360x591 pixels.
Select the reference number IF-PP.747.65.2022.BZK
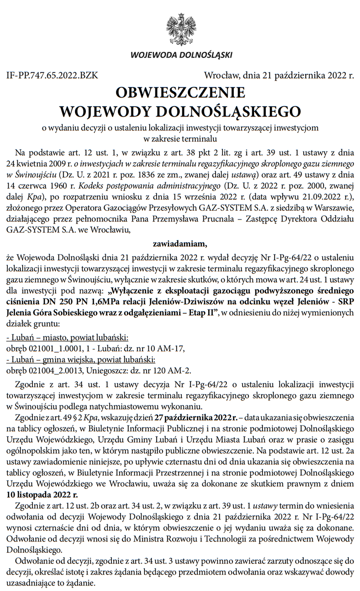pyautogui.click(x=52, y=76)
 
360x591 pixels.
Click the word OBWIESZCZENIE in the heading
pyautogui.click(x=180, y=93)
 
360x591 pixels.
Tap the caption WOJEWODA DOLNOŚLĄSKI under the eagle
pyautogui.click(x=181, y=55)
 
